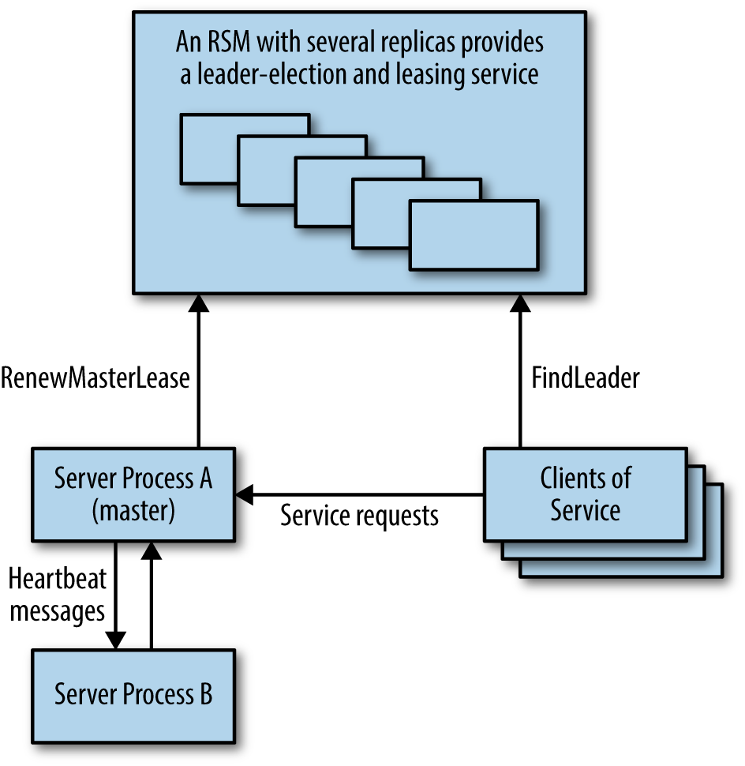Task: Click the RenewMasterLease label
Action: point(95,378)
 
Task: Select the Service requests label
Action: point(359,516)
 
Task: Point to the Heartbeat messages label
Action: point(58,594)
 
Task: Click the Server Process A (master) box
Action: point(133,494)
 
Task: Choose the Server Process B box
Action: point(133,694)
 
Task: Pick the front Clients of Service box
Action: point(585,494)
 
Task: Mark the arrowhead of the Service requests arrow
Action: point(244,495)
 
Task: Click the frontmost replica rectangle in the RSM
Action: point(474,235)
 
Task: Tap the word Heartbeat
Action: point(58,579)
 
